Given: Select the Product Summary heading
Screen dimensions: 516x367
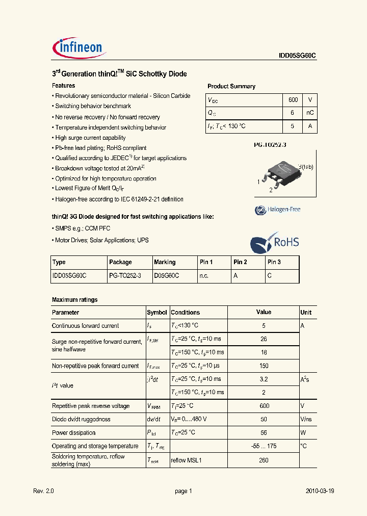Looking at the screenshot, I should pyautogui.click(x=231, y=86).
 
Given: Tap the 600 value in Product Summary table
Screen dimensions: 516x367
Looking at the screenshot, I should pyautogui.click(x=293, y=100).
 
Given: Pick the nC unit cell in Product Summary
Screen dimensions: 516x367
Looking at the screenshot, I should pyautogui.click(x=309, y=113).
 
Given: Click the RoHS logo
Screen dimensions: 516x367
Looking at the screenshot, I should pyautogui.click(x=274, y=243).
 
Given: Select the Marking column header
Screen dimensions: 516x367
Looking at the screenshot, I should pyautogui.click(x=165, y=262).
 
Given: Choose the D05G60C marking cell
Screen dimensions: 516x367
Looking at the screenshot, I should pyautogui.click(x=167, y=275).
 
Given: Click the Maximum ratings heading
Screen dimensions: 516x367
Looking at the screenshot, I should pyautogui.click(x=74, y=300).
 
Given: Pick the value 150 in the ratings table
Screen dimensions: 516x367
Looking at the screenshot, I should pyautogui.click(x=264, y=366).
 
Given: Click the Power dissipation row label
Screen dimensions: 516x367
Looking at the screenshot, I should pyautogui.click(x=74, y=433).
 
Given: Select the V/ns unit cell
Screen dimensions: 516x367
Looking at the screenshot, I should pyautogui.click(x=306, y=419).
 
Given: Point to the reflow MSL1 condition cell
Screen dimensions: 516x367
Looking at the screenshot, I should pyautogui.click(x=187, y=460).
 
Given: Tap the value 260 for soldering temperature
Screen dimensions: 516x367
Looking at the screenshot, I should pyautogui.click(x=264, y=460).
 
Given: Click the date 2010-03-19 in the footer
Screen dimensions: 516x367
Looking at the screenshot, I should pyautogui.click(x=320, y=491).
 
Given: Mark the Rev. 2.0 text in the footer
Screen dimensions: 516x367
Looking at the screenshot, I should pyautogui.click(x=43, y=491).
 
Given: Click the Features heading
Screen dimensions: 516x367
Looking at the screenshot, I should pyautogui.click(x=64, y=86).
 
